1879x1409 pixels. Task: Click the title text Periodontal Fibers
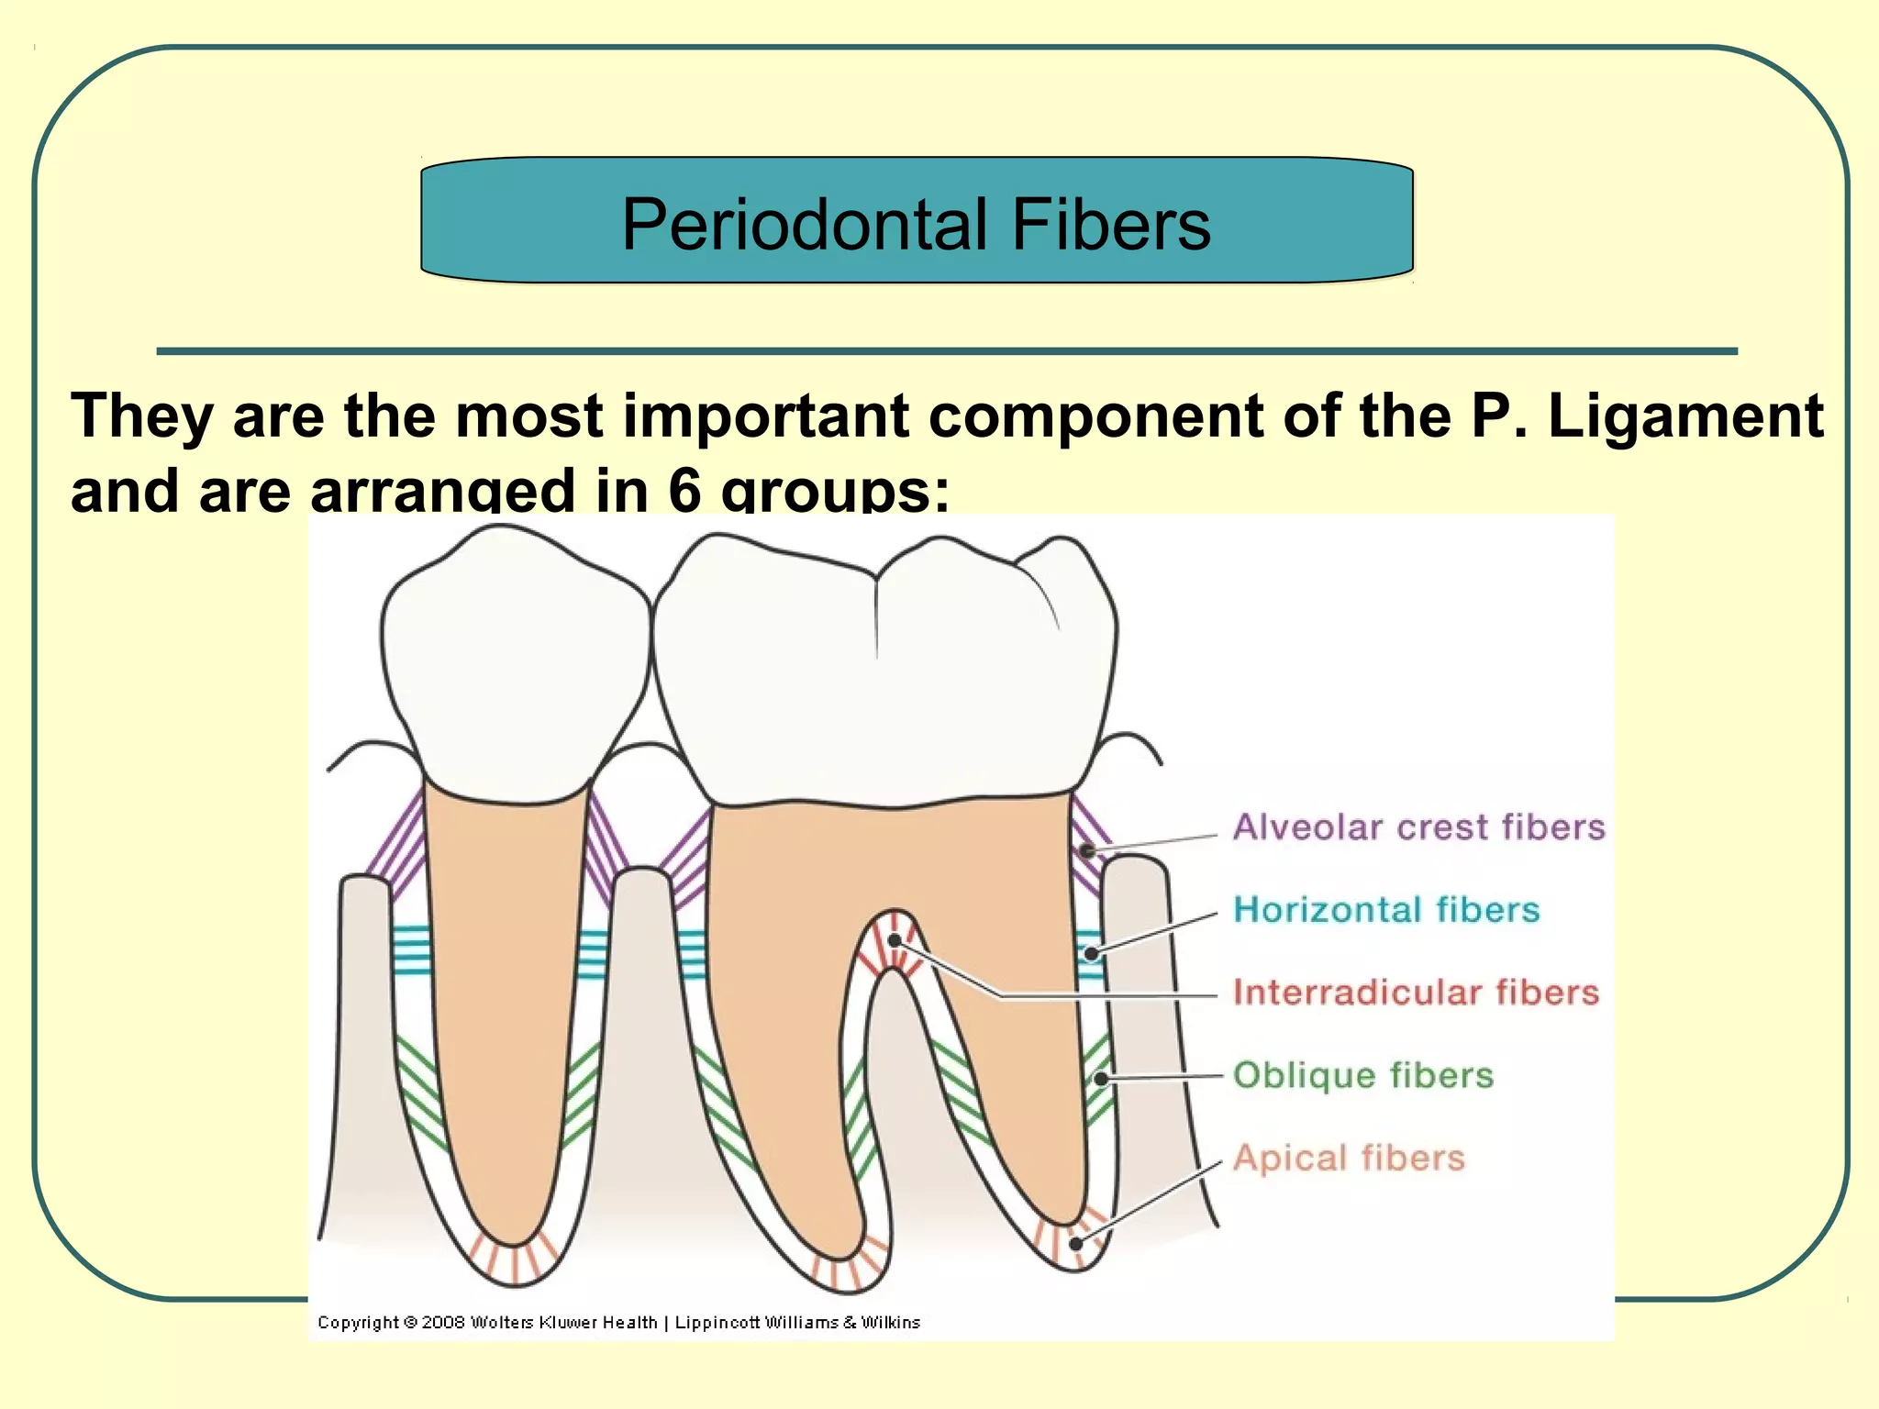916,224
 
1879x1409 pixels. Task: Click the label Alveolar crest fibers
1418,827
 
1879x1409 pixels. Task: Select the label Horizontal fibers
1385,910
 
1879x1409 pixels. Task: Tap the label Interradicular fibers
1416,993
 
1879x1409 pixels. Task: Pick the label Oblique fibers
1362,1075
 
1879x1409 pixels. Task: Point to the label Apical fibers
1348,1158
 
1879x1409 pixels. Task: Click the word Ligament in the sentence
1685,416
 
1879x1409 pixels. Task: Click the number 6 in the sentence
684,490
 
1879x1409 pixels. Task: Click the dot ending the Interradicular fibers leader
895,940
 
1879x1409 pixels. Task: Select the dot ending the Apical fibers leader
1076,1245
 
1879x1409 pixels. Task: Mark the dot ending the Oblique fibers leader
1100,1079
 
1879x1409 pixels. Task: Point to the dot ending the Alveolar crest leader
1087,851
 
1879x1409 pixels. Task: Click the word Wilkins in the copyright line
890,1322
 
